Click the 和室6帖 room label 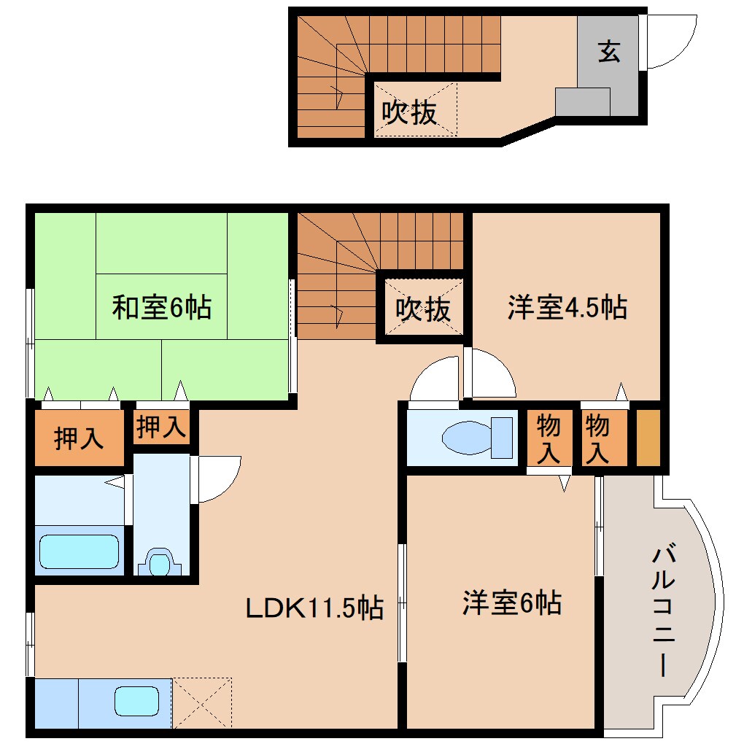point(161,307)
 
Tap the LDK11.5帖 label point(314,607)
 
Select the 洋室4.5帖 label point(567,307)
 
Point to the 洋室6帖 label point(511,603)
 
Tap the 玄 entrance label point(610,52)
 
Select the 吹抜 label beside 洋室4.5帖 point(423,309)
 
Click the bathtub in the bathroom point(79,551)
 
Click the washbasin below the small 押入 point(160,562)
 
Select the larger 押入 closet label point(79,440)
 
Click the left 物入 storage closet point(548,439)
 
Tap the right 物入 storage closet point(597,439)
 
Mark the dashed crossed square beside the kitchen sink point(202,702)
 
